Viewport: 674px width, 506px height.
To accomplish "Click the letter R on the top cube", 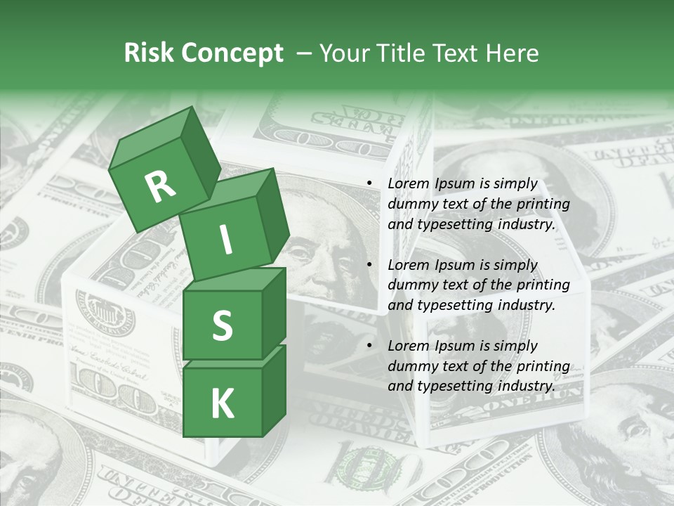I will coord(160,187).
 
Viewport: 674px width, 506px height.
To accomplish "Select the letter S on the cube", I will coord(222,325).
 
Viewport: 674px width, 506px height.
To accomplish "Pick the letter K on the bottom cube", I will coord(222,403).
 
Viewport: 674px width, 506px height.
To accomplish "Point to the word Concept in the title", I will coord(232,53).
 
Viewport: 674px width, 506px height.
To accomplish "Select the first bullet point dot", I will coord(369,184).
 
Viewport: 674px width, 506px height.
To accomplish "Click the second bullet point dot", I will coord(369,266).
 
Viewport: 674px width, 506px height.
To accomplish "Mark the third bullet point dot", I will coord(369,346).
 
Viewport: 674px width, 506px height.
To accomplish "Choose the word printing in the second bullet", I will coord(543,285).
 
